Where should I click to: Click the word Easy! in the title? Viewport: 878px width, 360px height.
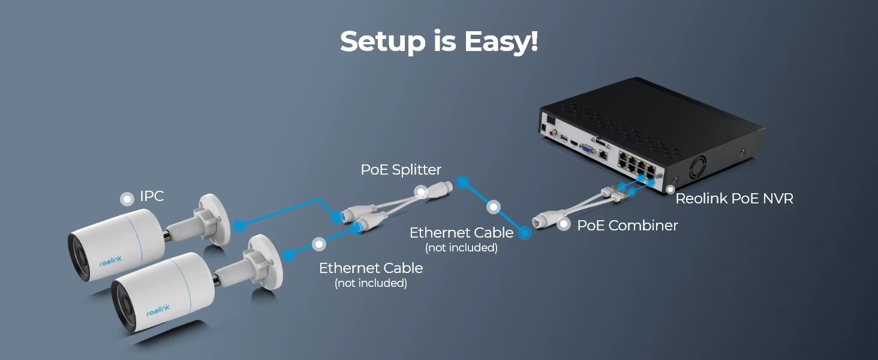point(501,41)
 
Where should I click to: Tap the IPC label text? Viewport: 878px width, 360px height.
point(152,196)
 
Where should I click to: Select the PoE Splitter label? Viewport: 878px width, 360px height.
point(401,170)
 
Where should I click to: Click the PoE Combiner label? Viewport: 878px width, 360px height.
point(627,226)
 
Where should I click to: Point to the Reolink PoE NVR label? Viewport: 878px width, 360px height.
point(734,199)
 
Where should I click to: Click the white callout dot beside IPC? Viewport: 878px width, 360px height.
point(127,199)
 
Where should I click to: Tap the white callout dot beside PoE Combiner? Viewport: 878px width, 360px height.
point(564,224)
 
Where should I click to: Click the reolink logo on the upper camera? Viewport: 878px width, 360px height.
point(110,261)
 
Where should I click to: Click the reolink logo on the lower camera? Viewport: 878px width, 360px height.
point(158,310)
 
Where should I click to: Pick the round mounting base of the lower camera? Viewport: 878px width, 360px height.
point(267,262)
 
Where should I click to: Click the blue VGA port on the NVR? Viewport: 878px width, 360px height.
point(587,149)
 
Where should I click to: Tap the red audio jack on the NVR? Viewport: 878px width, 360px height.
point(554,133)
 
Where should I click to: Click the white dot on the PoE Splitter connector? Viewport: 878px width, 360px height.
point(420,192)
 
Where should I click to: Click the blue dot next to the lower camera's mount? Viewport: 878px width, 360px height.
point(288,256)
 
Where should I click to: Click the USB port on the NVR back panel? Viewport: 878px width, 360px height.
point(564,139)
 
